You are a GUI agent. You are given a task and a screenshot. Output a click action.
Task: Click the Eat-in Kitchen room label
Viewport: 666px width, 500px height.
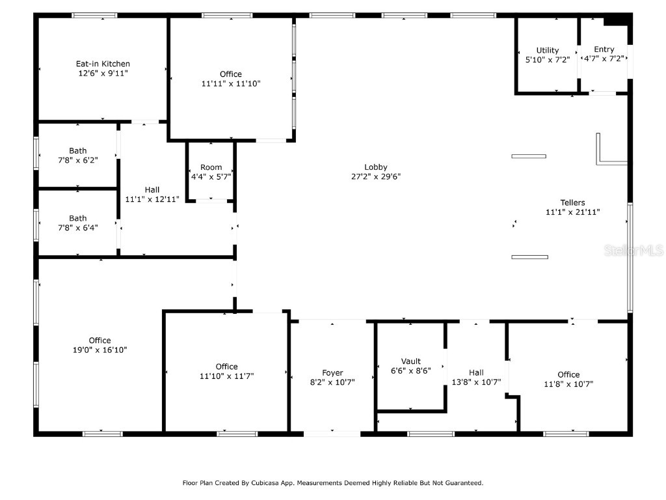[103, 64]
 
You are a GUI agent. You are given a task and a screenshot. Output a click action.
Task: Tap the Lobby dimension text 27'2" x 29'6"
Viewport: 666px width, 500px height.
[376, 176]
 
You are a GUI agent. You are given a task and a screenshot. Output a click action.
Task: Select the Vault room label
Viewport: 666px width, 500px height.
[411, 361]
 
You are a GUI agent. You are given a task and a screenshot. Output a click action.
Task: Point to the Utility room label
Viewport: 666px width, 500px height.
[547, 51]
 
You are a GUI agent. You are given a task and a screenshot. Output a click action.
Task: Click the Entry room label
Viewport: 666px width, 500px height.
[604, 49]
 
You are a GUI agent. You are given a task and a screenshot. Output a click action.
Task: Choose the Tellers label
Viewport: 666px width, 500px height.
[572, 202]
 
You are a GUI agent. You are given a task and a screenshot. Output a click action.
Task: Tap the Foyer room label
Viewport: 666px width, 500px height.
[332, 373]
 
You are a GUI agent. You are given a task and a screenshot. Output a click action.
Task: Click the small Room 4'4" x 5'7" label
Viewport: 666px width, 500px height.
[211, 167]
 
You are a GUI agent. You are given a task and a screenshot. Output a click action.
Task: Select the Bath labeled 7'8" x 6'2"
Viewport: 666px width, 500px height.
[78, 151]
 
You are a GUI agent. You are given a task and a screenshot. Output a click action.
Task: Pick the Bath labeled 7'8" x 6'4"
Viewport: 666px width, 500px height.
[78, 219]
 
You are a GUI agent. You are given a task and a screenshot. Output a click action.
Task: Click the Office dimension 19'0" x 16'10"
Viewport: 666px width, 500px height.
[100, 350]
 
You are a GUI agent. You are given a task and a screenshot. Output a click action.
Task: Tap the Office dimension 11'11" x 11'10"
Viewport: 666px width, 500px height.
[230, 83]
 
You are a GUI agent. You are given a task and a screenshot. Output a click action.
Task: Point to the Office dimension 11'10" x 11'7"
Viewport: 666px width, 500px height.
[226, 376]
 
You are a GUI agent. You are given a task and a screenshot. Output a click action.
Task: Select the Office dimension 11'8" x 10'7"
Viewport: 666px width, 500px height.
[568, 383]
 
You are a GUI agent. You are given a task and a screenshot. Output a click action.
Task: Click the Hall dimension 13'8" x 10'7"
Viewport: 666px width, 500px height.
[476, 382]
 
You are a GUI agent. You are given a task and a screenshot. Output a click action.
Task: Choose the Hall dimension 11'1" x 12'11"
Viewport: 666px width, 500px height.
[152, 199]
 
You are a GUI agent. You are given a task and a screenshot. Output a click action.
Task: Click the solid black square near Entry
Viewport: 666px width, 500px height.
[616, 20]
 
